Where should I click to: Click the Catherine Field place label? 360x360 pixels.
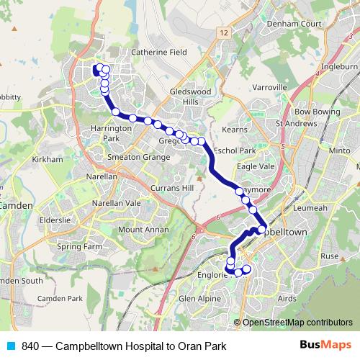[158, 53]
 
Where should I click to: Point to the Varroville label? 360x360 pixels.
[271, 87]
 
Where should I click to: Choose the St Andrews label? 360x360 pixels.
[297, 123]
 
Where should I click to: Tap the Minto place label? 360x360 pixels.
[339, 151]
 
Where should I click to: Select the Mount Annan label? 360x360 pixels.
[141, 230]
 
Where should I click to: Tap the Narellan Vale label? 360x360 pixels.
[117, 203]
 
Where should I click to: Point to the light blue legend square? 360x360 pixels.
[9, 346]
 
